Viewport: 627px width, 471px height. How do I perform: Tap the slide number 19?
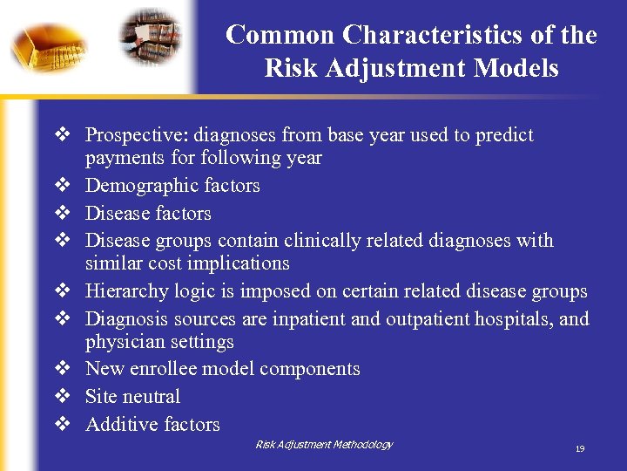pos(579,448)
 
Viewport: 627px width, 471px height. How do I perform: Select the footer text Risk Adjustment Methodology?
pos(324,445)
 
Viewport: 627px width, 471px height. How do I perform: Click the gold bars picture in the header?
pos(48,44)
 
